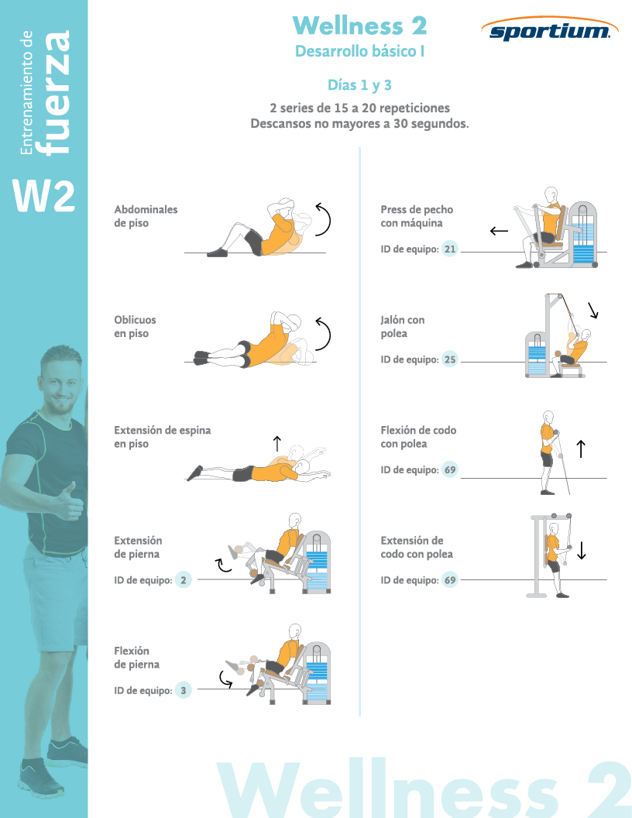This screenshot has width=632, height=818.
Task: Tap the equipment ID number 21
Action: click(x=449, y=249)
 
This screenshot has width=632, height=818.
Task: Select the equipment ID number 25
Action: click(x=449, y=359)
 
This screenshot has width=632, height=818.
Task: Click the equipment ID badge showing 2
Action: click(x=183, y=579)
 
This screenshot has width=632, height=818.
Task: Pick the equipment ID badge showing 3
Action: click(x=183, y=690)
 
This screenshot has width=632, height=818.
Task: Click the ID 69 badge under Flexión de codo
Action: click(x=449, y=469)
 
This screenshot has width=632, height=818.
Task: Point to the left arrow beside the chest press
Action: click(x=499, y=231)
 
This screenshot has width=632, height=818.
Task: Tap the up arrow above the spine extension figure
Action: click(x=277, y=443)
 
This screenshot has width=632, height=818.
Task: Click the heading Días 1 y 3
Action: click(x=359, y=85)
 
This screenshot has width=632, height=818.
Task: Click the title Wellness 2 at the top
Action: click(x=360, y=26)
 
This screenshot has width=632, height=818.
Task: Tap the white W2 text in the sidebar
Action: click(x=44, y=196)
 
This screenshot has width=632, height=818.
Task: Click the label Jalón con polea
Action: click(x=402, y=327)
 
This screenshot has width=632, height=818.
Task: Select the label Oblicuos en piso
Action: click(x=135, y=327)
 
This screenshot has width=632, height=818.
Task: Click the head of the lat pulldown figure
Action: click(x=586, y=335)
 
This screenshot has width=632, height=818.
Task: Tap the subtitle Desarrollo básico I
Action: click(x=360, y=51)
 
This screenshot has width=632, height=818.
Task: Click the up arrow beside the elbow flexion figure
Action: click(x=581, y=449)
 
